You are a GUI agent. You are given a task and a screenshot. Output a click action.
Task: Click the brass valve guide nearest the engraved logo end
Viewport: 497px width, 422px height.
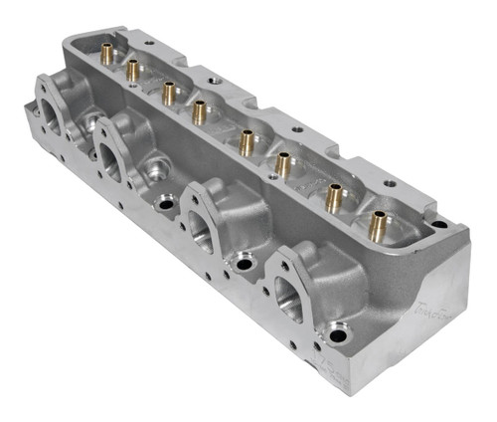(377, 225)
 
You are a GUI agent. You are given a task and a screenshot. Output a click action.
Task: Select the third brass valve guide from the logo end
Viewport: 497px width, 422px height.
(283, 163)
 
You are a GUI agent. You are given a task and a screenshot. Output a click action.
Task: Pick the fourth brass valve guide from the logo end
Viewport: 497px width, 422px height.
(246, 142)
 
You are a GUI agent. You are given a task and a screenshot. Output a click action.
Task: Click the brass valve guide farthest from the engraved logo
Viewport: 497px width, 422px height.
(105, 54)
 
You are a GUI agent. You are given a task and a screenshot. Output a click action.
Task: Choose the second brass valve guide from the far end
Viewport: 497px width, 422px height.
(131, 69)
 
